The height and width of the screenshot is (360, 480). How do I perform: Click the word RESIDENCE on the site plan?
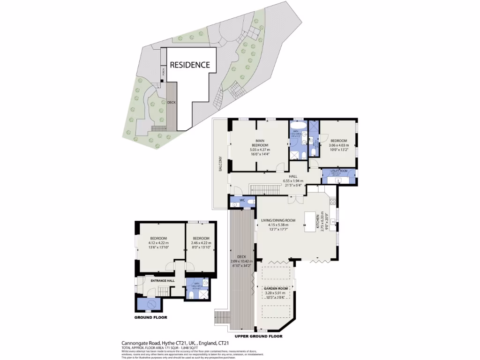189,65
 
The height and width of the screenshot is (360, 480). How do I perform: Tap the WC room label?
242,201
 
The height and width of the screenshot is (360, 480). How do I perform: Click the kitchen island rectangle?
310,222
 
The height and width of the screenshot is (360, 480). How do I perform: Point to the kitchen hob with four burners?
333,202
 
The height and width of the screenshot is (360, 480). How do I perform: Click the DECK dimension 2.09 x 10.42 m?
242,261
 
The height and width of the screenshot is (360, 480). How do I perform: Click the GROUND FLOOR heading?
151,317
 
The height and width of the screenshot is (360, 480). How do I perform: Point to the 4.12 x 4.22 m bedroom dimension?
158,243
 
